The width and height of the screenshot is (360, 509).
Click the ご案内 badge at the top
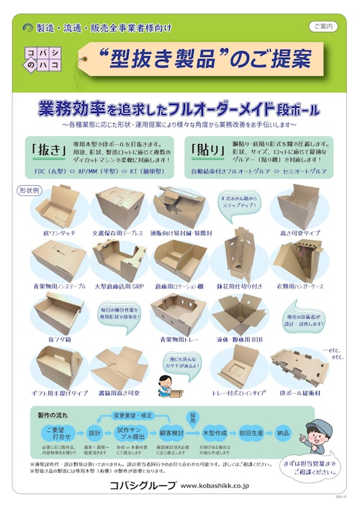tap(323, 26)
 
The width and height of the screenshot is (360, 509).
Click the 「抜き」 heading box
tap(48, 151)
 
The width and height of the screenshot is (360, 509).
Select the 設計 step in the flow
tap(95, 434)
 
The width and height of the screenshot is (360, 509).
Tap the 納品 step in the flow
tap(282, 434)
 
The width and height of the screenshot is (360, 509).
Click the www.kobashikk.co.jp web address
tap(225, 486)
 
